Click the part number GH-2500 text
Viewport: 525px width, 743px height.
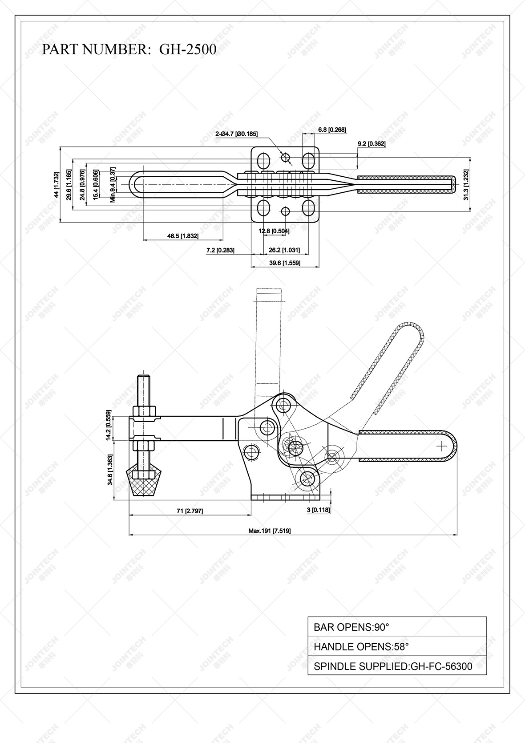129,49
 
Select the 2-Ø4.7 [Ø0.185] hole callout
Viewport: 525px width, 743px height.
236,134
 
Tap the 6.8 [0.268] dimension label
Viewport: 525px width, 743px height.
332,130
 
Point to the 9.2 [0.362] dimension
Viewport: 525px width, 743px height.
372,144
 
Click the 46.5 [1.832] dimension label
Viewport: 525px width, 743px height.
183,236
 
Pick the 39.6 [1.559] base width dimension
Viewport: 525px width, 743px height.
285,263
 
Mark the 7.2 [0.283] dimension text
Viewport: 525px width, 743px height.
220,251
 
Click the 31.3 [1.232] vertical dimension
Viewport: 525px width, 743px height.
466,184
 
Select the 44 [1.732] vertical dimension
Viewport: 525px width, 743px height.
56,184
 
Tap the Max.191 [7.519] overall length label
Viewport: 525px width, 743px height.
270,531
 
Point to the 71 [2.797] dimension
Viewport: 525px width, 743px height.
190,511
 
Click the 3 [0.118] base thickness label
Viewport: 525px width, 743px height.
319,510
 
